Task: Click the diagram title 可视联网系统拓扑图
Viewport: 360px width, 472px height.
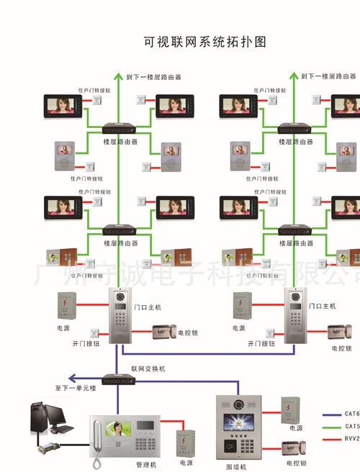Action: [205, 42]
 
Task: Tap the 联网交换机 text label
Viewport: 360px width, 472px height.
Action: [148, 368]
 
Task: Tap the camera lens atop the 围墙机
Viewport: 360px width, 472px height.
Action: [237, 404]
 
